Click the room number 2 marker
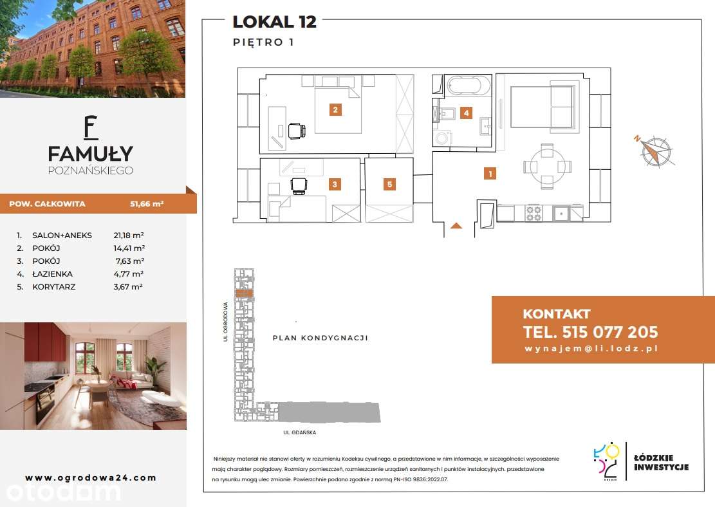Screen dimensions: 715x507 [335, 109]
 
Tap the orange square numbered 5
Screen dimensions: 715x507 [389, 184]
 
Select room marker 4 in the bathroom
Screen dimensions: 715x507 [466, 113]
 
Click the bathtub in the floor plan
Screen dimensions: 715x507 [469, 86]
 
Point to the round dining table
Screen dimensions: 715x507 [547, 166]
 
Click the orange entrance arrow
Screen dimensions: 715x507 [456, 226]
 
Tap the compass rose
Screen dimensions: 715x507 [655, 151]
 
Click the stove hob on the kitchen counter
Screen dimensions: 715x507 [534, 213]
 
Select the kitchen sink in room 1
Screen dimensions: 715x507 [561, 213]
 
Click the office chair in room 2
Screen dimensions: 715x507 [297, 131]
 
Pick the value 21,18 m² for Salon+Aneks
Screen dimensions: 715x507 [129, 235]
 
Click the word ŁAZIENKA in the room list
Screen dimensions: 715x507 [52, 274]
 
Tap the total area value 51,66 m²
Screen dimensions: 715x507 [147, 204]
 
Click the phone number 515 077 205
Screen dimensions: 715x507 [610, 332]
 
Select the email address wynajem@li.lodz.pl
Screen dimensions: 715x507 [591, 349]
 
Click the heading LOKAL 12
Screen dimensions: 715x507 [275, 22]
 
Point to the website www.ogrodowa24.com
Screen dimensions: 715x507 [91, 478]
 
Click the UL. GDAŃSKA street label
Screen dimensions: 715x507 [300, 432]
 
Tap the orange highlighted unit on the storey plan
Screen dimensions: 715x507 [244, 293]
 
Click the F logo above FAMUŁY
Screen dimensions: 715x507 [91, 127]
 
